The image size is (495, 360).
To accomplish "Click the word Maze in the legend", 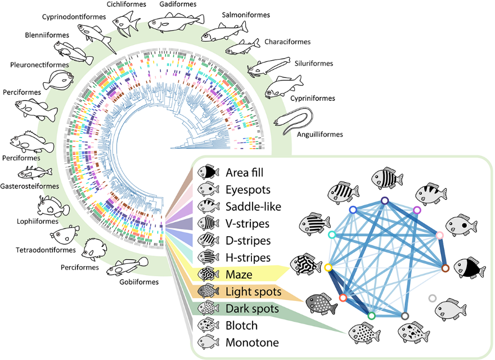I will tap(239, 275).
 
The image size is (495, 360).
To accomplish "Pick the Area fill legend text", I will tap(248, 172).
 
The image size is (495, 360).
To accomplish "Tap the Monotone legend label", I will tap(252, 343).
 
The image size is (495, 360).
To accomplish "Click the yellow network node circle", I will tap(328, 268).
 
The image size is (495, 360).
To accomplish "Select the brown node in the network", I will tap(445, 268).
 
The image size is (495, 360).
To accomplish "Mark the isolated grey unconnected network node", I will tap(432, 298).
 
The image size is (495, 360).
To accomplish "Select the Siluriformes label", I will tap(312, 64).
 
